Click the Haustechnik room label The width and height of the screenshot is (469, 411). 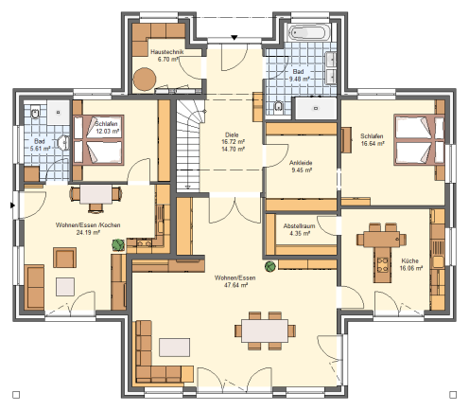click(x=166, y=52)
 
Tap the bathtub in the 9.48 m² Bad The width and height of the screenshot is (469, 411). click(x=309, y=33)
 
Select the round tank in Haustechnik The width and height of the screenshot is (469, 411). click(x=145, y=80)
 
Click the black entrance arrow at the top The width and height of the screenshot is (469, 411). click(x=234, y=38)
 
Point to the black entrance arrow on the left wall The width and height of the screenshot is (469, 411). click(x=12, y=205)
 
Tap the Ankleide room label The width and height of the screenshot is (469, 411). click(x=301, y=163)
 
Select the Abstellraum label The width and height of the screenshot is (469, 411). click(x=299, y=226)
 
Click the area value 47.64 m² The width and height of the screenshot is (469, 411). click(x=235, y=285)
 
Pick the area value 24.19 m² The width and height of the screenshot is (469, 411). click(x=88, y=233)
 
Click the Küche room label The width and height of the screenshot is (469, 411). click(x=409, y=260)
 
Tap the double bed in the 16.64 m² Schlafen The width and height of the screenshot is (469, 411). click(x=419, y=140)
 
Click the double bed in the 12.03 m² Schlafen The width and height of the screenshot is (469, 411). click(x=98, y=140)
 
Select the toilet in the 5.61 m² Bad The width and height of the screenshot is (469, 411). click(x=35, y=113)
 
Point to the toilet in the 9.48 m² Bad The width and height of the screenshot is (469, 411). click(x=278, y=107)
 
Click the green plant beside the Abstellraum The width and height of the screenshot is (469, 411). click(x=270, y=266)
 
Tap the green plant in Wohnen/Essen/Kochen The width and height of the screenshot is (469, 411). click(x=118, y=244)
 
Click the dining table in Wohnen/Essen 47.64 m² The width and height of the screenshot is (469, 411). click(x=265, y=331)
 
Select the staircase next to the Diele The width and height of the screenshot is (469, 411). click(x=188, y=146)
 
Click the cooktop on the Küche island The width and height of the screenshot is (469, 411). click(x=383, y=265)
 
